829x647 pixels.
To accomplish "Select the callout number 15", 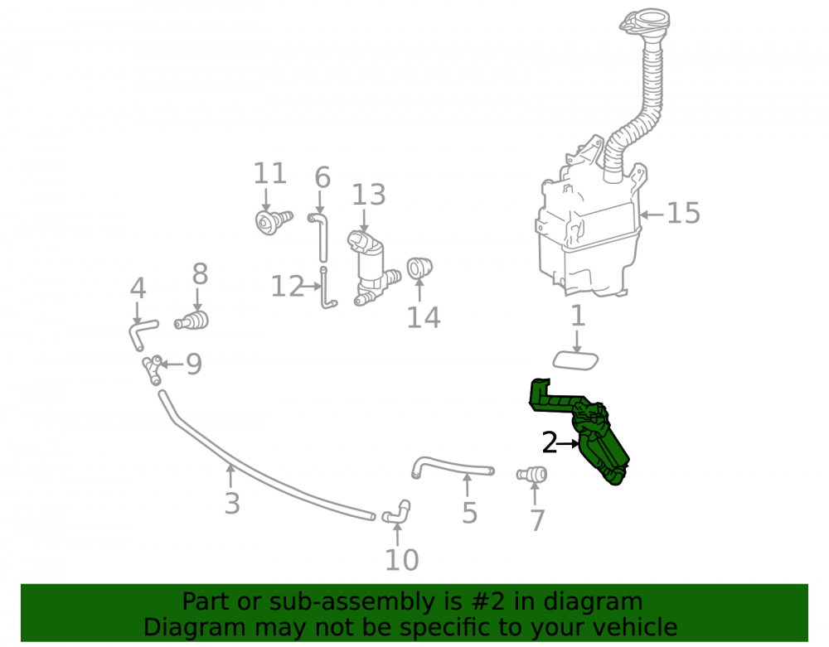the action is point(683,214).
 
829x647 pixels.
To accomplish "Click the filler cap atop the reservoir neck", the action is point(644,22).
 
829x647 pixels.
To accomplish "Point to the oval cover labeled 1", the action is point(575,360).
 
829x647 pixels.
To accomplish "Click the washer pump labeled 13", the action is point(371,268).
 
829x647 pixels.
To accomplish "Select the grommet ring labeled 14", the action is point(419,268).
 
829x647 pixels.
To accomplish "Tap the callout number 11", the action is point(269,173).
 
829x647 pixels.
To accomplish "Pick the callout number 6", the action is point(322,177).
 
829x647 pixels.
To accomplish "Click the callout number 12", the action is point(287,287).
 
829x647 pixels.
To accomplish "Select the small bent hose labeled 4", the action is point(141,334).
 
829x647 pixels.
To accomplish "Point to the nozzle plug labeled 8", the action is point(191,321).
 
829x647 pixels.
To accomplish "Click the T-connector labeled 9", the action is point(153,369).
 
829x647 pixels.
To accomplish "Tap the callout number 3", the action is point(232,504).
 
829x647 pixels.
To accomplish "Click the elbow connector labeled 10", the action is point(396,512).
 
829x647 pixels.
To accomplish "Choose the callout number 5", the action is point(469,513).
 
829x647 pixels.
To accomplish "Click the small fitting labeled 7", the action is point(532,475).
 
